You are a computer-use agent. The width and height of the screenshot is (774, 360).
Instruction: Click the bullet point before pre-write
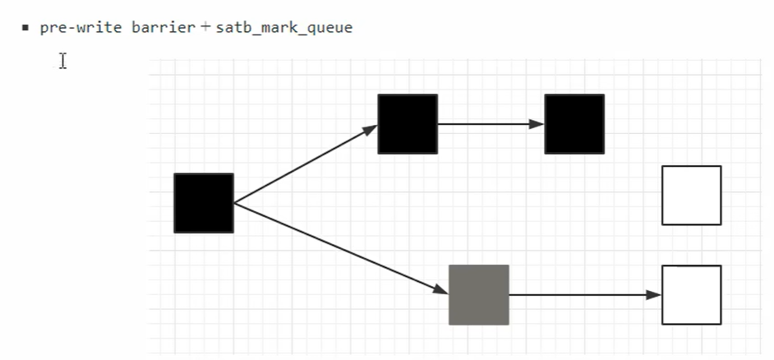pyautogui.click(x=25, y=28)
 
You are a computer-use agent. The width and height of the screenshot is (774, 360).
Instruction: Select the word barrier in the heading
pyautogui.click(x=162, y=27)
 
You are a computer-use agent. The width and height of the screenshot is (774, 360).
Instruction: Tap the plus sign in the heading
pyautogui.click(x=204, y=27)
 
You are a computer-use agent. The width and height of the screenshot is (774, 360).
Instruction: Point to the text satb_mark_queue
pyautogui.click(x=283, y=28)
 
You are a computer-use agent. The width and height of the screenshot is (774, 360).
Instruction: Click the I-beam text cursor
pyautogui.click(x=62, y=61)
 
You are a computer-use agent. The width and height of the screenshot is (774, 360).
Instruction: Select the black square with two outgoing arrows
pyautogui.click(x=204, y=203)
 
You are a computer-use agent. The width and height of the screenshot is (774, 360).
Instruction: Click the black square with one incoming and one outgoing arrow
pyautogui.click(x=408, y=124)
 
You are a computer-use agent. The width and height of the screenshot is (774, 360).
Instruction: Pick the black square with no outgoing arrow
pyautogui.click(x=574, y=124)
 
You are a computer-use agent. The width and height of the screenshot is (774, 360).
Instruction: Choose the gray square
pyautogui.click(x=479, y=294)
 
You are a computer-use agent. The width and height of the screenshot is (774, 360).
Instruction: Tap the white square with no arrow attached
pyautogui.click(x=691, y=195)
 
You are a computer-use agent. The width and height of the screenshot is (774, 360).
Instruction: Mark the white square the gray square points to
pyautogui.click(x=691, y=294)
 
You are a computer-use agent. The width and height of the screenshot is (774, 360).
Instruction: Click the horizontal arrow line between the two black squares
pyautogui.click(x=485, y=124)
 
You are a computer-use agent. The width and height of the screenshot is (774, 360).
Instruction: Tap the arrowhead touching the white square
pyautogui.click(x=654, y=294)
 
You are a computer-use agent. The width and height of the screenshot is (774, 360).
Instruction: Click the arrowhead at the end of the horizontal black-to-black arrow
pyautogui.click(x=537, y=124)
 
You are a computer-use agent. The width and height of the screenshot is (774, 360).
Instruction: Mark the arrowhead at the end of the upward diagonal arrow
pyautogui.click(x=371, y=129)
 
